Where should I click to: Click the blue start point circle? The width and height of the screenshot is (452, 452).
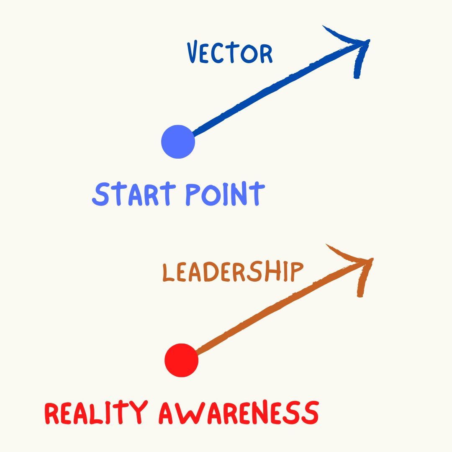pos(178,142)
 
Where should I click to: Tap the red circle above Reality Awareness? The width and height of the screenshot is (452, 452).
pos(181,360)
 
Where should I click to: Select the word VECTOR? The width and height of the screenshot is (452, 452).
pos(229,53)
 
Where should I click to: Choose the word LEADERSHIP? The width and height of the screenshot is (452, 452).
pos(232,272)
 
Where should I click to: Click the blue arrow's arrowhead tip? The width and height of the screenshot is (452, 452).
pos(369,41)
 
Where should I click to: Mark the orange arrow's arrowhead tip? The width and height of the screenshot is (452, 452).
pos(372,260)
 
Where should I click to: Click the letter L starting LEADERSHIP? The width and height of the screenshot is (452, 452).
pos(167,273)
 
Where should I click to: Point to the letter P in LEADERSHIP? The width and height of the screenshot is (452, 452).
pos(296,272)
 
